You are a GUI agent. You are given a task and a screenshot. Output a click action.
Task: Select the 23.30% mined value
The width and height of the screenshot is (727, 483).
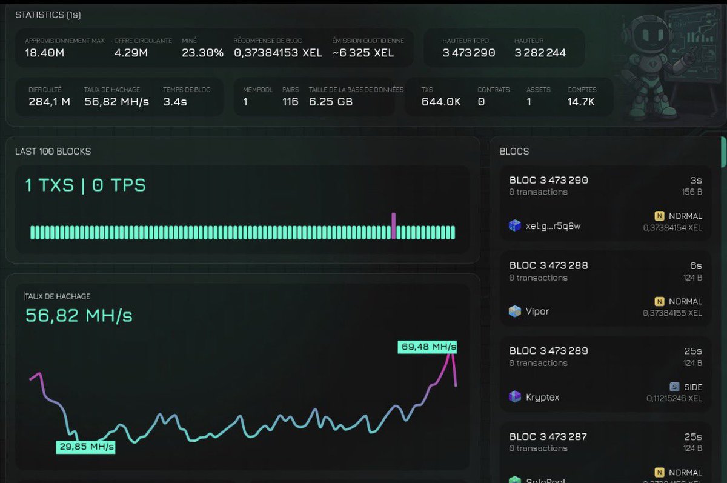202,53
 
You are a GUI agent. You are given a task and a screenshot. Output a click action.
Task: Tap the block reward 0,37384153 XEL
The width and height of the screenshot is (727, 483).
278,53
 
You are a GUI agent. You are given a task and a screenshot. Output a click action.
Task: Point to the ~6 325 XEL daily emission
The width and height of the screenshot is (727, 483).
363,53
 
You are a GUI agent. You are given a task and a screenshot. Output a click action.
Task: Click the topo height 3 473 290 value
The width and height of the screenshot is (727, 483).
468,53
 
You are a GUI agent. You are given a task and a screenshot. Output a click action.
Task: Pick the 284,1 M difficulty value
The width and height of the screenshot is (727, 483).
49,102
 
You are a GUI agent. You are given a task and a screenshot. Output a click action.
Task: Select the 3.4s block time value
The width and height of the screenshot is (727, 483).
174,102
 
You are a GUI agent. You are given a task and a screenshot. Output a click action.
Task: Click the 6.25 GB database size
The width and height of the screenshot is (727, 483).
331,102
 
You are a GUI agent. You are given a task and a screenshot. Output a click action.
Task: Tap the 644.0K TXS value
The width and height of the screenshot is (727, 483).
441,102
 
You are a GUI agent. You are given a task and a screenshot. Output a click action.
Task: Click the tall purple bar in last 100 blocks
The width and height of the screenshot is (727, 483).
393,225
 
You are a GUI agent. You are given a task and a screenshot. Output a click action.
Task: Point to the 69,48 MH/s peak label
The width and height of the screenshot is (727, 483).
427,347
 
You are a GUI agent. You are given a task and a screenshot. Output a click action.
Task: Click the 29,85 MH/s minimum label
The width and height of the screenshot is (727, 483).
85,447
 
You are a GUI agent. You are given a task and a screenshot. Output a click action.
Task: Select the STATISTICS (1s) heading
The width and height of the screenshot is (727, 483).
48,14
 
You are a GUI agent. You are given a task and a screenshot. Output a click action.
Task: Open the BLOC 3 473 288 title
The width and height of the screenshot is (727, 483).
548,265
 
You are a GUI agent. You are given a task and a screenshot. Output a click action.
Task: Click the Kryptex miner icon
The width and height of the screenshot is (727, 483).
515,397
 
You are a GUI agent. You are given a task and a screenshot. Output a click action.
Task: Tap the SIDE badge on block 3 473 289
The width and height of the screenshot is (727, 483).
686,387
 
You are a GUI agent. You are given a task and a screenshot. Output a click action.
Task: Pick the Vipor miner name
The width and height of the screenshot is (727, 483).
537,311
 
